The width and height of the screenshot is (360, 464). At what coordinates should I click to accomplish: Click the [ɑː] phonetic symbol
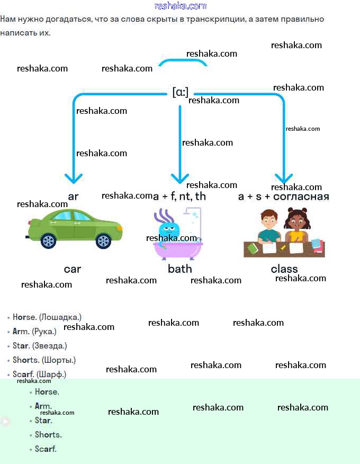tap(180, 92)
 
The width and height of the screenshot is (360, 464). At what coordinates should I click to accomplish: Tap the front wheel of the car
tap(104, 242)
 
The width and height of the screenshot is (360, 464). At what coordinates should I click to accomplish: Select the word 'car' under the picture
tap(73, 269)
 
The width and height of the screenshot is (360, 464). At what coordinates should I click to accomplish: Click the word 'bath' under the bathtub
tap(180, 269)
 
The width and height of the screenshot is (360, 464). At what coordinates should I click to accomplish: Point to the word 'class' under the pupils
tap(284, 269)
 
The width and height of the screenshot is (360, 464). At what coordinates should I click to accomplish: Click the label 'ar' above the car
tap(73, 197)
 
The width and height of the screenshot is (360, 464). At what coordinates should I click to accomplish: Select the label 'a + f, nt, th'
tap(180, 197)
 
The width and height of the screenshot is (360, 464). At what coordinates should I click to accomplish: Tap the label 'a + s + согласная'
tap(284, 197)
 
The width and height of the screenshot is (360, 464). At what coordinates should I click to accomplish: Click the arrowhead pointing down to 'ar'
tap(73, 178)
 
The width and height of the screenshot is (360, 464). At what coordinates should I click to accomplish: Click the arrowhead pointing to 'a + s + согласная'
tap(284, 178)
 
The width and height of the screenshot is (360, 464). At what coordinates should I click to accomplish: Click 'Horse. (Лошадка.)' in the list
tap(47, 317)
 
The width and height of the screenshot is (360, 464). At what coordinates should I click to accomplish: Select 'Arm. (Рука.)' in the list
tap(34, 332)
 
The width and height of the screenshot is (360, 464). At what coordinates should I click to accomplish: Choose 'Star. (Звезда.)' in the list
tap(40, 346)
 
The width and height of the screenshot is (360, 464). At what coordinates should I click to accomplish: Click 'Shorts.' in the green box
tap(48, 435)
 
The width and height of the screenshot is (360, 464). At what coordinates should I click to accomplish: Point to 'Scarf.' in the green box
tap(46, 449)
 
